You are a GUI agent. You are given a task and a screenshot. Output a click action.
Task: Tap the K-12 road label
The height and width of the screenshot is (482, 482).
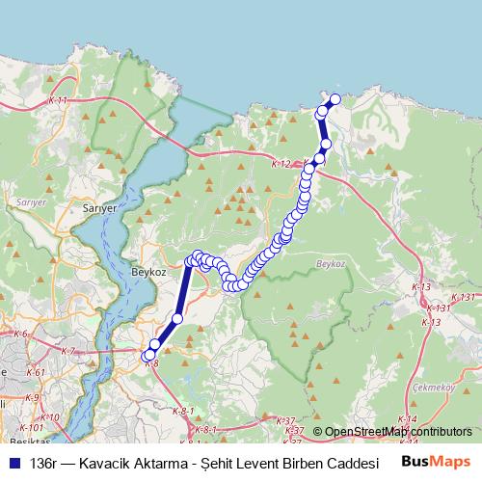click(281, 164)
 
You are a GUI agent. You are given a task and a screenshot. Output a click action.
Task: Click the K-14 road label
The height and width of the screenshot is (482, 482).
click(407, 418)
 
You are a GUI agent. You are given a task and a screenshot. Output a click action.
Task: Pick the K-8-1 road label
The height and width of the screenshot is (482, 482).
click(183, 412)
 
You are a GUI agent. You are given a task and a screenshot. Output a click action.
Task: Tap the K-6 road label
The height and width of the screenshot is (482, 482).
click(20, 335)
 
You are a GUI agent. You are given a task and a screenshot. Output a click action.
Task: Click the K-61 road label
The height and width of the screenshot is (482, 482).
click(36, 372)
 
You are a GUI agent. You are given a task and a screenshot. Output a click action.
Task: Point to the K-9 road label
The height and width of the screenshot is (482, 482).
click(32, 397)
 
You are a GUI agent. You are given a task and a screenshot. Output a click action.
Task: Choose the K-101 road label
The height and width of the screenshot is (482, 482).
click(30, 428)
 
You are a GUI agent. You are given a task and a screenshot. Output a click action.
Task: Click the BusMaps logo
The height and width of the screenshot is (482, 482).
click(436, 461)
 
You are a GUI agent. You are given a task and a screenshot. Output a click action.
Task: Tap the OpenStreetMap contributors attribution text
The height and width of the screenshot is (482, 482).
click(398, 432)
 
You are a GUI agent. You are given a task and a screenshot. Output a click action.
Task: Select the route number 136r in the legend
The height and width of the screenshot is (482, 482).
click(43, 462)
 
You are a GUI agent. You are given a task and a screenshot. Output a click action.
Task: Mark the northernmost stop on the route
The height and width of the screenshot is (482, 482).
click(335, 99)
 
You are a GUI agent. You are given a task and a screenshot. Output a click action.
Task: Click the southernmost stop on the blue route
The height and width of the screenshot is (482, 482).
click(150, 357)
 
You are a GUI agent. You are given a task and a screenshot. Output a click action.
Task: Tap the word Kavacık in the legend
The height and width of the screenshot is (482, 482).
click(107, 462)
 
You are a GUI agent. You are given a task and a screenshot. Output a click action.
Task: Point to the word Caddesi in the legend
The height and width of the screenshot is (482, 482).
click(325, 462)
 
